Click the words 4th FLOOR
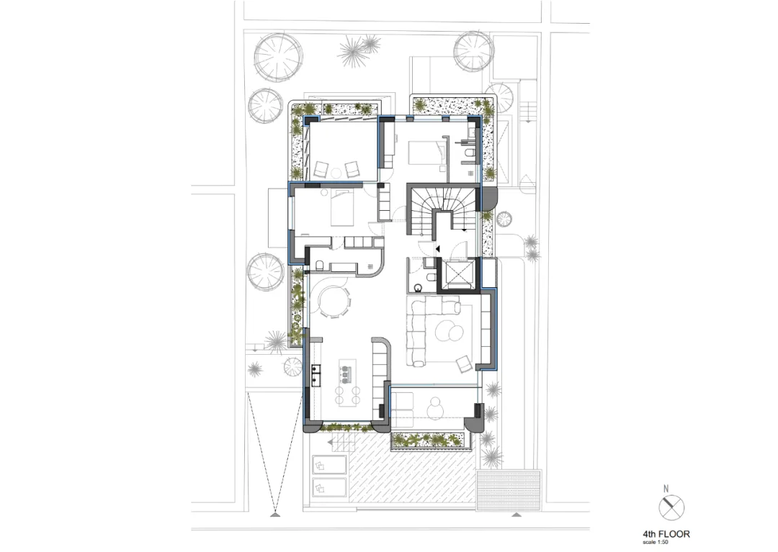(666, 534)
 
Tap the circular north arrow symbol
(671, 507)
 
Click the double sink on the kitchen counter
(315, 375)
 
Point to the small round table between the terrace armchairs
(336, 173)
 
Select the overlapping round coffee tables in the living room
(448, 330)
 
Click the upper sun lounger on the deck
(329, 466)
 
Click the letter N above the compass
(666, 489)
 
